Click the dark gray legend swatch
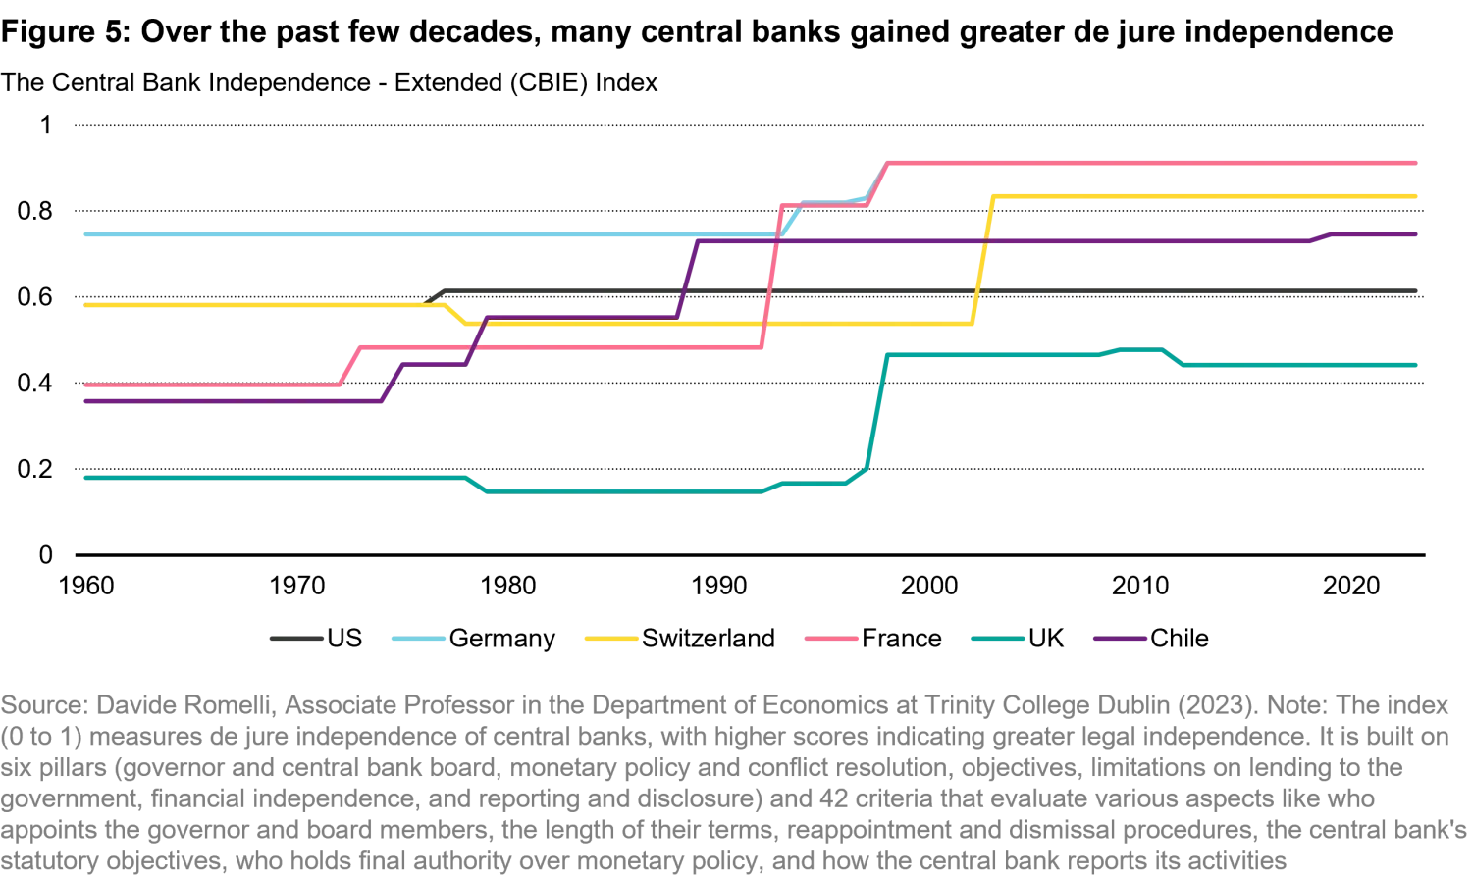296,640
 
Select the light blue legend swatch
416,640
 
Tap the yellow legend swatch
612,640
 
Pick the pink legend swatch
832,640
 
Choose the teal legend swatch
997,640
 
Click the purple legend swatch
1120,640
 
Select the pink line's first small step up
348,367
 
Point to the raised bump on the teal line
1138,351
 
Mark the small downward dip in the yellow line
453,313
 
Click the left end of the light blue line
82,235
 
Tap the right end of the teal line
1418,365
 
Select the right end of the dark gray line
1418,288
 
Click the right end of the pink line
1418,163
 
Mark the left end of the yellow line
84,306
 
